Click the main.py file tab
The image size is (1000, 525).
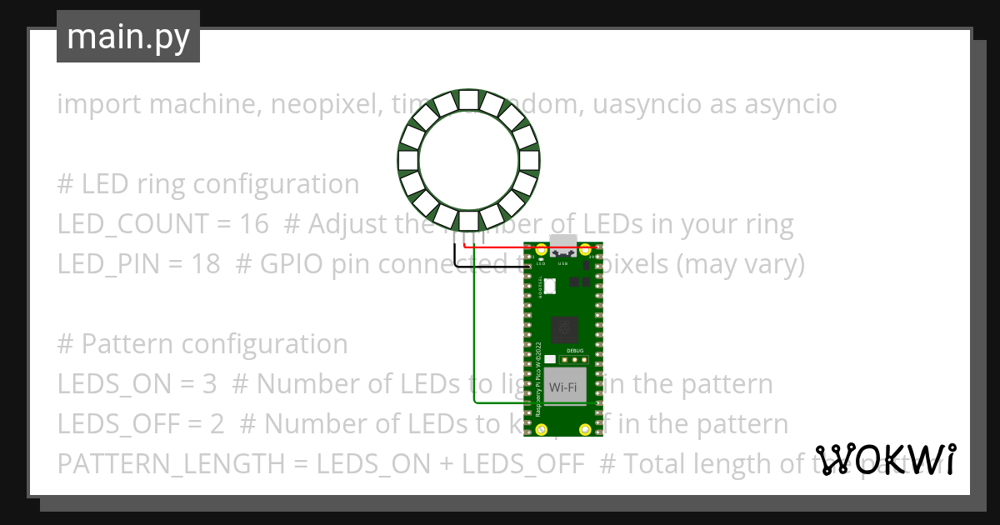pyautogui.click(x=128, y=37)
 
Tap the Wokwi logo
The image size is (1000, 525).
pyautogui.click(x=885, y=459)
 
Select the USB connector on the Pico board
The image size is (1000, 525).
pyautogui.click(x=564, y=245)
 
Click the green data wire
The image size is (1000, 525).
pyautogui.click(x=474, y=333)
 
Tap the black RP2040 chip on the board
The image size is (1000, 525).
pyautogui.click(x=564, y=327)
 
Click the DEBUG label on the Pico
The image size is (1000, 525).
pyautogui.click(x=575, y=352)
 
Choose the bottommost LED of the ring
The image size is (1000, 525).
pyautogui.click(x=467, y=221)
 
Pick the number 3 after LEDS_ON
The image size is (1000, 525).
pyautogui.click(x=209, y=384)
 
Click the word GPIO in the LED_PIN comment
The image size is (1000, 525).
pyautogui.click(x=286, y=264)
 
